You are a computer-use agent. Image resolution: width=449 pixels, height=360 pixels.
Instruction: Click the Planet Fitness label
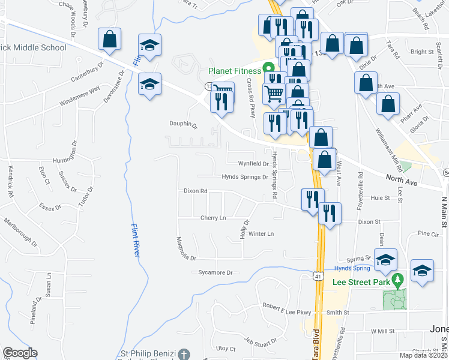tap(235, 71)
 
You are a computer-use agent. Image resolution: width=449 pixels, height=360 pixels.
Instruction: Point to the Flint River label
tap(136, 240)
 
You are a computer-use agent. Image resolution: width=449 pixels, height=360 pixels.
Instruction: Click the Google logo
tap(20, 353)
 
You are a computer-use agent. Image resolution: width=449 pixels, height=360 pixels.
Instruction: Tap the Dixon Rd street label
tap(196, 191)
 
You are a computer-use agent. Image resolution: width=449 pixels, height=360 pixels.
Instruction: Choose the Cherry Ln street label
tap(213, 218)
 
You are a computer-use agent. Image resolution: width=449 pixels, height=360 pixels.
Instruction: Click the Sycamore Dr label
tap(215, 272)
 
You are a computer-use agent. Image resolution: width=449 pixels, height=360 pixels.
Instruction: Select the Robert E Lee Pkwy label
tap(287, 306)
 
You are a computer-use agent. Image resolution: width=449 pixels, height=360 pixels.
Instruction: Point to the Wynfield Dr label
tap(253, 163)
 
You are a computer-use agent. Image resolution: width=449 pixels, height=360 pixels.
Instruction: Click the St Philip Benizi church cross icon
tap(185, 355)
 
